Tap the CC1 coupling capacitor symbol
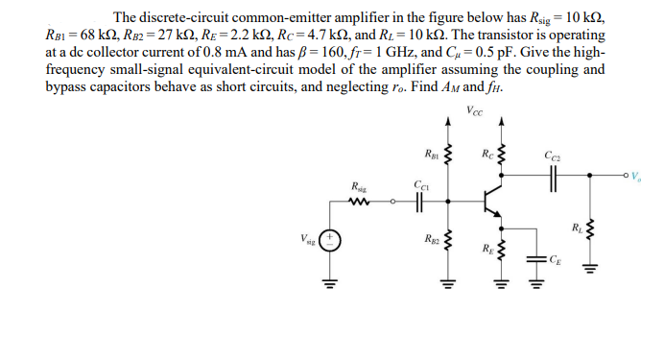420,202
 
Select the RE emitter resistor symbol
500,252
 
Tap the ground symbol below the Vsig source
330,282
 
